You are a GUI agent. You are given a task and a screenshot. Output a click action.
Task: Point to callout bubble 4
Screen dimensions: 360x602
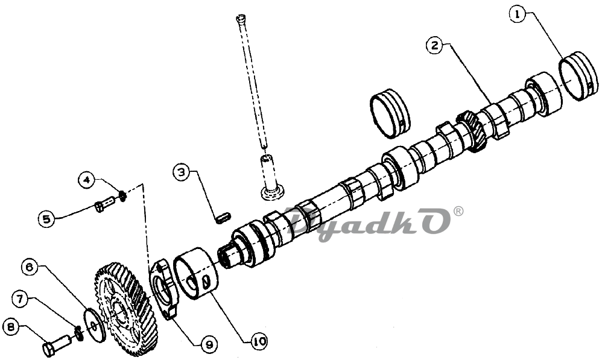(x=88, y=179)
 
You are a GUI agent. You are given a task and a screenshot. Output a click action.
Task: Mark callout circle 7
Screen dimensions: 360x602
(x=22, y=297)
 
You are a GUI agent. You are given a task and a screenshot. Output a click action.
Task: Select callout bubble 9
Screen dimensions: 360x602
(x=208, y=344)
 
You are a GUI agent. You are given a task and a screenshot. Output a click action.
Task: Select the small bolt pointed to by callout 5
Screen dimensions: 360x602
(x=106, y=206)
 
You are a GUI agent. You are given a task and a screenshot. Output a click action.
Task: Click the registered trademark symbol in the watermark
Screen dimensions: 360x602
(x=458, y=211)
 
